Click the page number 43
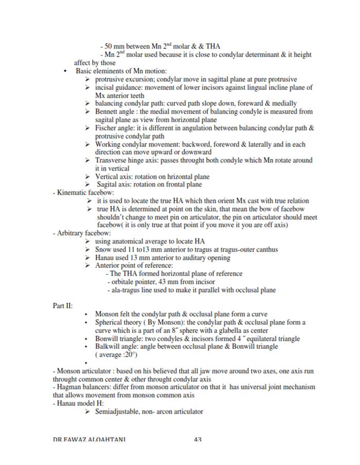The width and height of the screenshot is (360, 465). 198,439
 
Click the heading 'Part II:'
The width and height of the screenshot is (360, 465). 62,305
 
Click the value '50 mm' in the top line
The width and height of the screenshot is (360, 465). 114,46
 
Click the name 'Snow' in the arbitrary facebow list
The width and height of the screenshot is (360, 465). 104,250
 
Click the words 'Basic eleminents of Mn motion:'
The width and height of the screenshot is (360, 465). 121,70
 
